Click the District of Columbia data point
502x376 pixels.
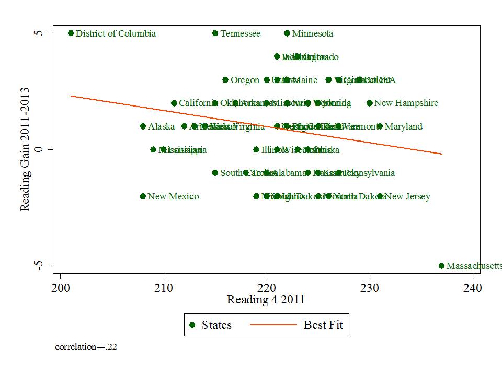(71, 33)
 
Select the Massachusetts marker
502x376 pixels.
(441, 266)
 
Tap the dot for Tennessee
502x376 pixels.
(215, 33)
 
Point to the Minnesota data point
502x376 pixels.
(287, 33)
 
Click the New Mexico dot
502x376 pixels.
(143, 196)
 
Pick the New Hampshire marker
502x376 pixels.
(370, 103)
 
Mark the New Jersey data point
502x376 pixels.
(380, 196)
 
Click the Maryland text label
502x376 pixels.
(403, 126)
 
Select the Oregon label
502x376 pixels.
(245, 80)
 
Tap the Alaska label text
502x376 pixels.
(161, 126)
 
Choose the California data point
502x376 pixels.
(174, 103)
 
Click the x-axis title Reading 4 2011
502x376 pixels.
(266, 300)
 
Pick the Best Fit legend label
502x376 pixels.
(323, 325)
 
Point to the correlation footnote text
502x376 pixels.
(86, 346)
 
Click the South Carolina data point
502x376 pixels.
(215, 173)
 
